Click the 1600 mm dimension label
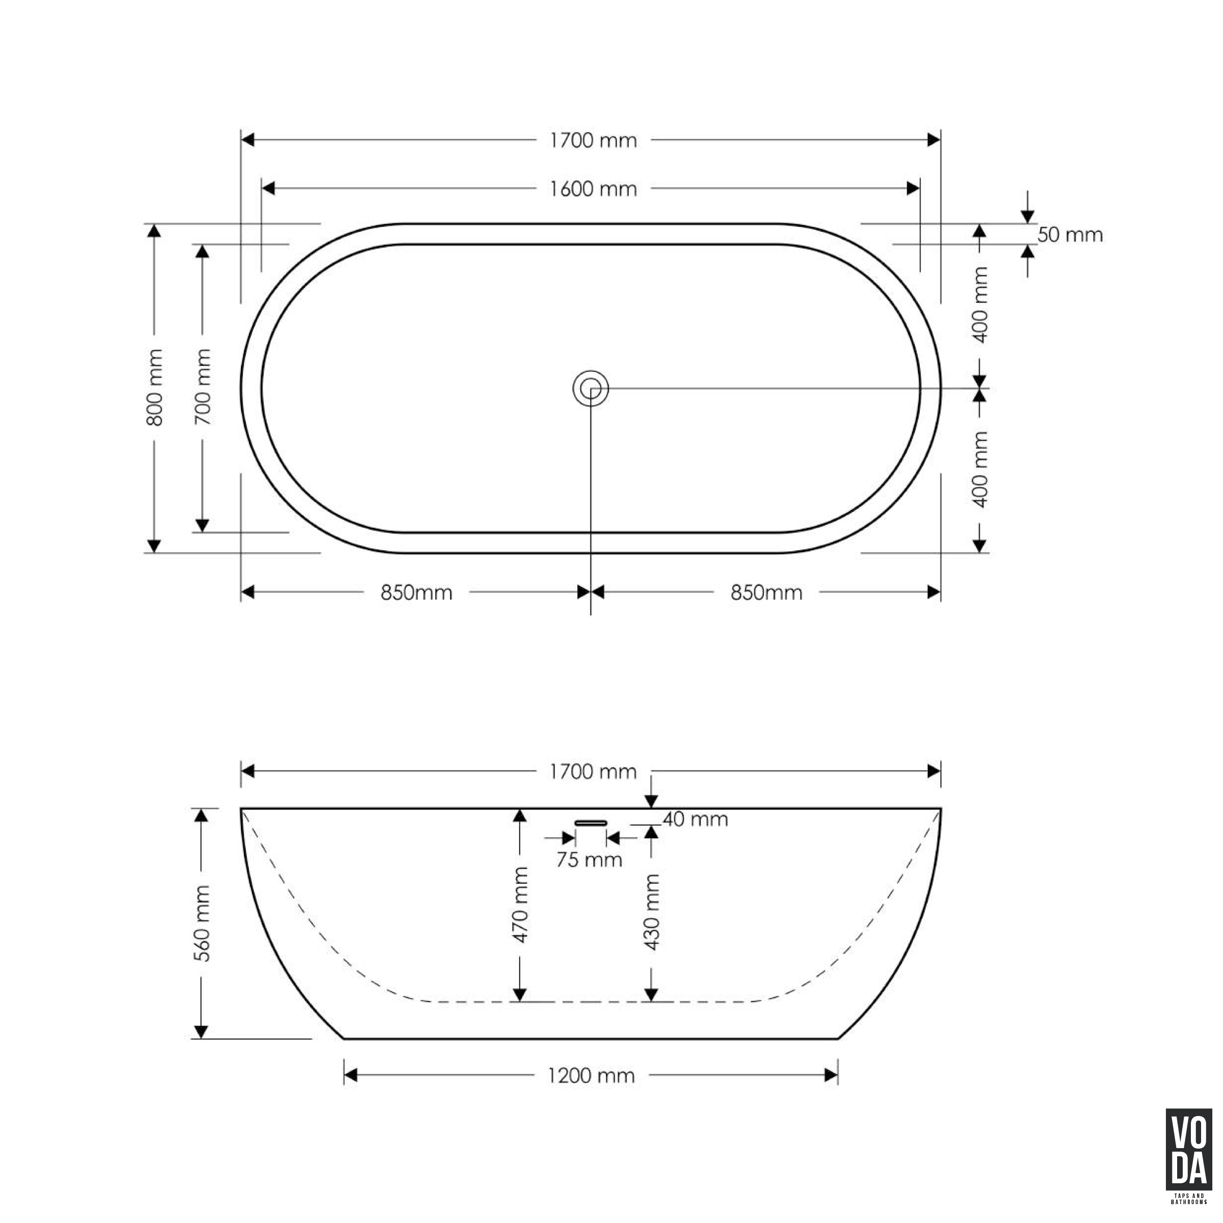pyautogui.click(x=593, y=189)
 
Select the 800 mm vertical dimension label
pyautogui.click(x=154, y=387)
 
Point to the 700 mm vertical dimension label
pyautogui.click(x=203, y=387)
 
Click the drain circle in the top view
pyautogui.click(x=591, y=388)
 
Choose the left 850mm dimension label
pyautogui.click(x=416, y=593)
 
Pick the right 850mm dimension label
pyautogui.click(x=766, y=593)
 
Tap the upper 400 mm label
pyautogui.click(x=980, y=305)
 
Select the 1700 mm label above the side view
pyautogui.click(x=593, y=772)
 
